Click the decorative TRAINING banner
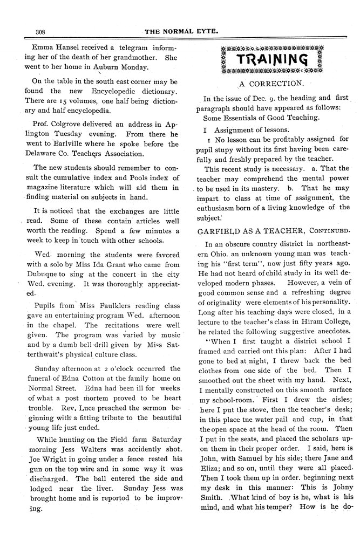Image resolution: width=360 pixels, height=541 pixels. (x=274, y=59)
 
